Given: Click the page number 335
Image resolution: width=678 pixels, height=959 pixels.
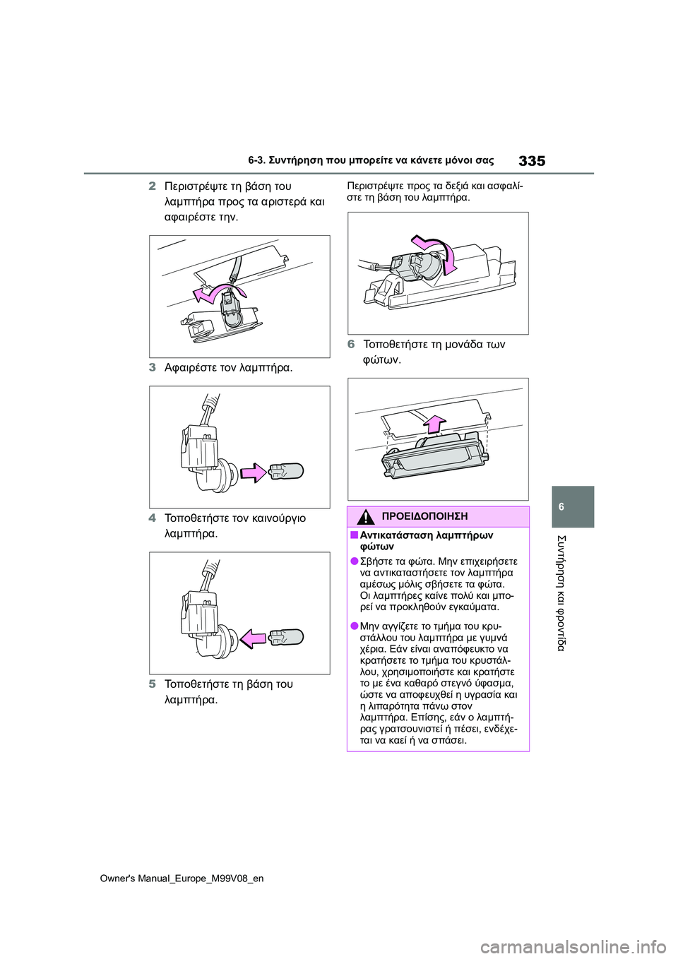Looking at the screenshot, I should [531, 161].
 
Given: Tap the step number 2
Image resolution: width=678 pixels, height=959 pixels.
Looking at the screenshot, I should [153, 186].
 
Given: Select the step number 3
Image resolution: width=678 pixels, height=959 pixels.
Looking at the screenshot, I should [153, 367].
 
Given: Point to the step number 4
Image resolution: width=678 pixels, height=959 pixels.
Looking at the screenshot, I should [153, 518].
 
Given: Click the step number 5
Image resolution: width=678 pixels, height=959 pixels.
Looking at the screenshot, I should [153, 684].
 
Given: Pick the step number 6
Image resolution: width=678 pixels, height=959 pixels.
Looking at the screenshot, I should [351, 345].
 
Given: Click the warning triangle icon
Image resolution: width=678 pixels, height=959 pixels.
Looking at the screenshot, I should [365, 517].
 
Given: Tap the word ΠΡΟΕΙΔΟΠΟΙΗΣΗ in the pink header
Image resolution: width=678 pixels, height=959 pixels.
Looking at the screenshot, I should [424, 517].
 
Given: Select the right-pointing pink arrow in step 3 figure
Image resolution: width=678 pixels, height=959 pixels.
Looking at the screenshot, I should [253, 472].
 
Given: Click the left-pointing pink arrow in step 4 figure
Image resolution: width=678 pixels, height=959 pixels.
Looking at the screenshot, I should [253, 638].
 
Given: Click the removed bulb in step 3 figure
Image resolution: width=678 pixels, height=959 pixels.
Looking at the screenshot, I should [286, 471].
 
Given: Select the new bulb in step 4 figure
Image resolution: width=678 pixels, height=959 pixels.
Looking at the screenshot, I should [286, 637].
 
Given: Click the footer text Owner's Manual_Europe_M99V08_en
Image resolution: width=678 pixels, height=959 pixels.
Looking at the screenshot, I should [182, 878].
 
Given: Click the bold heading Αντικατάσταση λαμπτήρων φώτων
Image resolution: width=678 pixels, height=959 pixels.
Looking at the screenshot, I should [426, 541].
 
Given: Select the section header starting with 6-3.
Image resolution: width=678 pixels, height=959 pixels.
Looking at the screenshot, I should [371, 161].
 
